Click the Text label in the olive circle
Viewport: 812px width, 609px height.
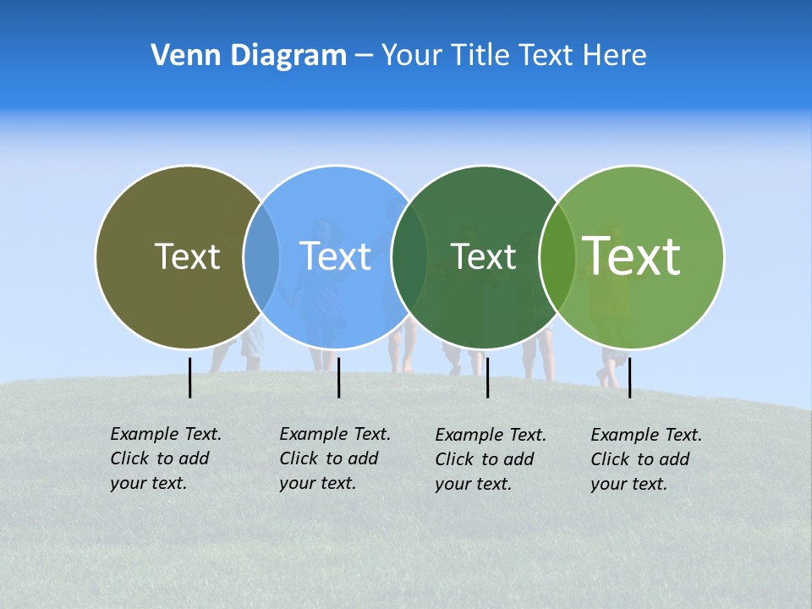pyautogui.click(x=187, y=256)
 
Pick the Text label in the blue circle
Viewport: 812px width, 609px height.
pyautogui.click(x=336, y=256)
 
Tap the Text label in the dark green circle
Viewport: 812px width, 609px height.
pyautogui.click(x=484, y=256)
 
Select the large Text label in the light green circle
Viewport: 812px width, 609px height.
pyautogui.click(x=632, y=256)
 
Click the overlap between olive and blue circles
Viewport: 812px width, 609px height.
pyautogui.click(x=261, y=257)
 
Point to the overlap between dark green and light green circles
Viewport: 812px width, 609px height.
pyautogui.click(x=557, y=257)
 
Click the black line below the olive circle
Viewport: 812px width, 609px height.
pyautogui.click(x=190, y=377)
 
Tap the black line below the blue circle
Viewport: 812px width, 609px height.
pyautogui.click(x=338, y=377)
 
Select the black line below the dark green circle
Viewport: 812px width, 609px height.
pyautogui.click(x=488, y=377)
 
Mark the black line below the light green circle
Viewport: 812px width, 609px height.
pyautogui.click(x=629, y=377)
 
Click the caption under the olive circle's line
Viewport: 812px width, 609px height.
pyautogui.click(x=166, y=458)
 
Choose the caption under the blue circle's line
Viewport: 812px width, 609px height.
pyautogui.click(x=335, y=458)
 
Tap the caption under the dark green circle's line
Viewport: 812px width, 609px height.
pyautogui.click(x=491, y=459)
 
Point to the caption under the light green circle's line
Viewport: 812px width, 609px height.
pyautogui.click(x=646, y=459)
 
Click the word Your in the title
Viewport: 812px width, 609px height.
pyautogui.click(x=412, y=56)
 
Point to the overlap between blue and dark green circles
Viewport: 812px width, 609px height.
pyautogui.click(x=409, y=257)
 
